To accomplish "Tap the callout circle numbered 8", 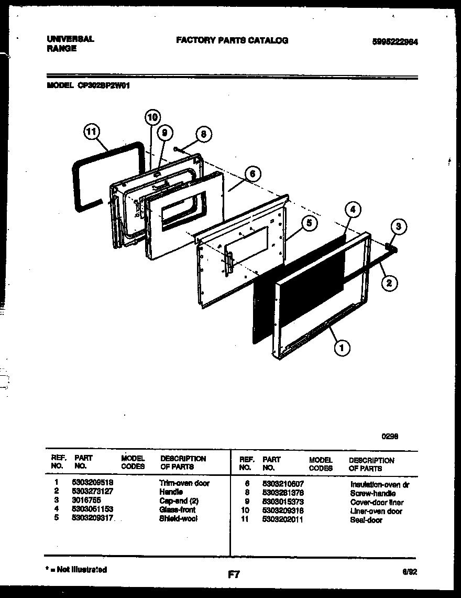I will (203, 134).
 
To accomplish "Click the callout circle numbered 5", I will (309, 223).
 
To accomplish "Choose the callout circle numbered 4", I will (353, 210).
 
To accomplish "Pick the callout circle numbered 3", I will (398, 227).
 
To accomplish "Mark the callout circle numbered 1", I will (342, 346).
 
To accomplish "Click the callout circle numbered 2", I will (389, 284).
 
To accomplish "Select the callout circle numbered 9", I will (164, 134).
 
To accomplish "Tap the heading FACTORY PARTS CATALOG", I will (232, 40).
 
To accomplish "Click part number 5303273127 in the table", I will (91, 492).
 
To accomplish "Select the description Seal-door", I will (366, 520).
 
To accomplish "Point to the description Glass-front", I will (177, 509).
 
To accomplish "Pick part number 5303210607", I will (283, 484).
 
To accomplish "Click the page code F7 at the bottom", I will (234, 574).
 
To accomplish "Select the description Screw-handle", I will (372, 493).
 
